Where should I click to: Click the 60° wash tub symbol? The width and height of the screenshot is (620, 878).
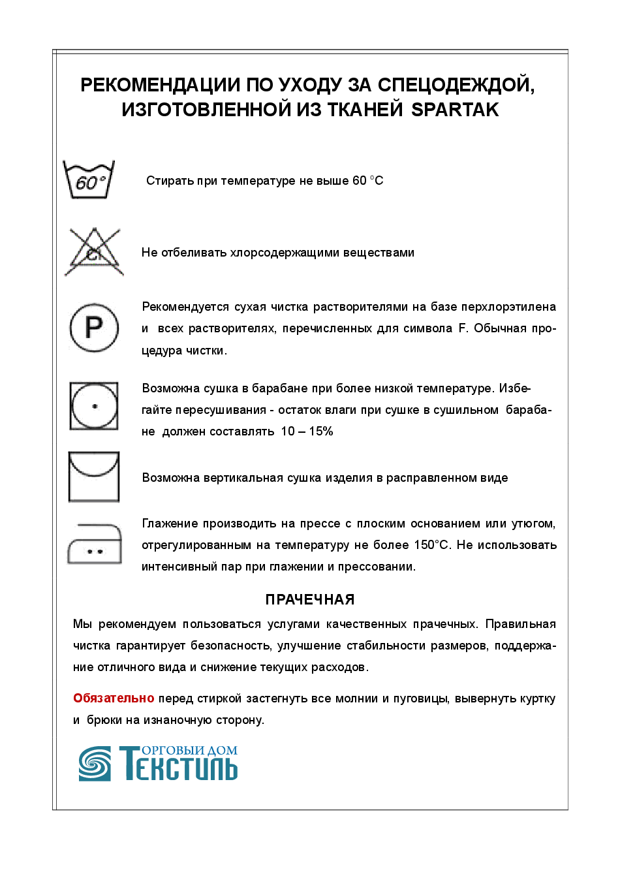[89, 179]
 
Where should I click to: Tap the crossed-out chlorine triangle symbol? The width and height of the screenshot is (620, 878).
[94, 252]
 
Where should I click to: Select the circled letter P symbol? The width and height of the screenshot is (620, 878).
[94, 327]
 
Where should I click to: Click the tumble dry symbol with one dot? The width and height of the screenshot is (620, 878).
[94, 406]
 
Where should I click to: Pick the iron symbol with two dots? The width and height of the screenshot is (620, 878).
[95, 544]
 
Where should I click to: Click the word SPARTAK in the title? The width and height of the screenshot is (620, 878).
[455, 110]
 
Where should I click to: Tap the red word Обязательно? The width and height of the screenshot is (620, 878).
[114, 698]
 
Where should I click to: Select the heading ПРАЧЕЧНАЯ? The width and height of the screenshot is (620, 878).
[310, 600]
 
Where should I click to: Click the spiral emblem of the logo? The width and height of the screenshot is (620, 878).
[95, 764]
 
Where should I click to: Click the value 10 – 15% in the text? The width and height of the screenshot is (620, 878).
[307, 431]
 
